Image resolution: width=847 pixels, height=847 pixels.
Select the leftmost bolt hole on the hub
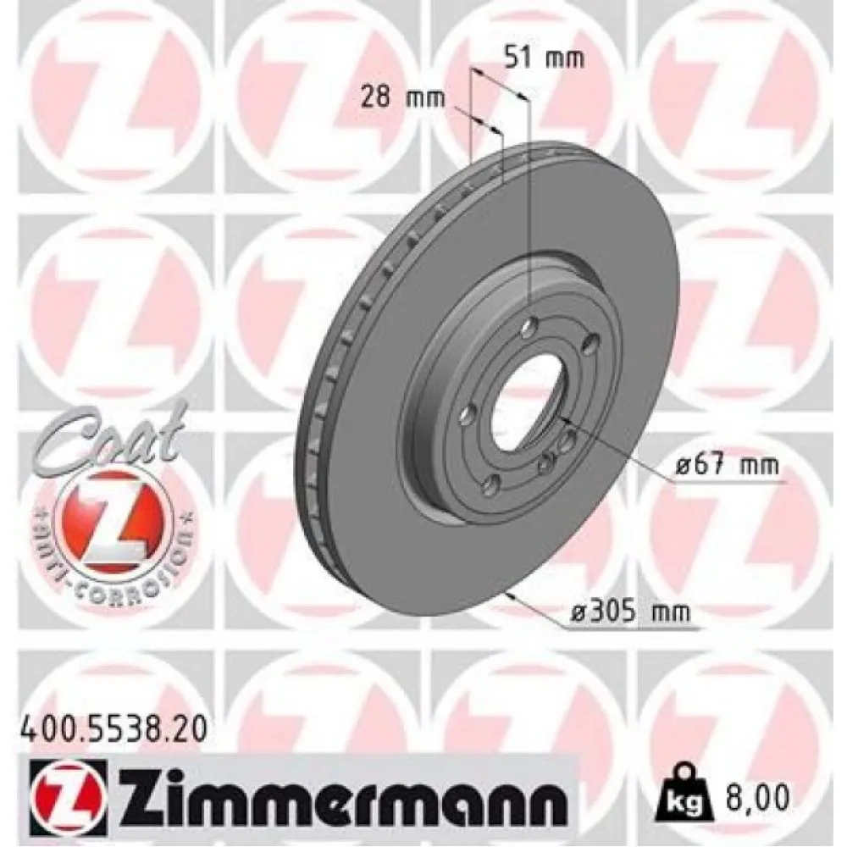tap(465, 416)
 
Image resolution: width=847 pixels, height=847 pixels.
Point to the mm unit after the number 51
tap(564, 58)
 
